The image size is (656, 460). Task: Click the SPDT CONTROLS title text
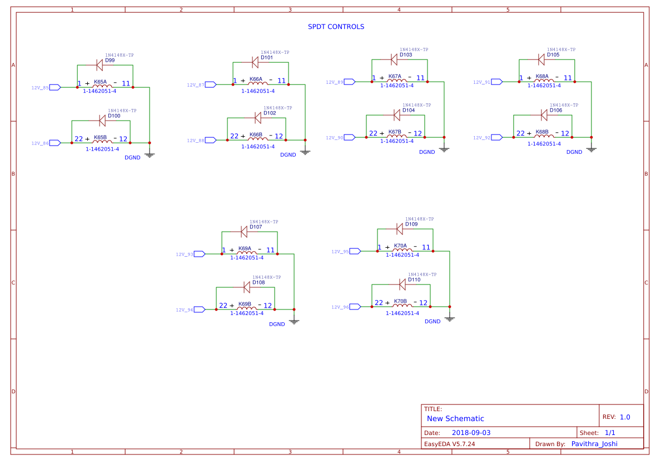click(336, 27)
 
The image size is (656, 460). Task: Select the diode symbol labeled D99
click(100, 65)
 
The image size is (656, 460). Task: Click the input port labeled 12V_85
click(56, 87)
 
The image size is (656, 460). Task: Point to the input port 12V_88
click(211, 140)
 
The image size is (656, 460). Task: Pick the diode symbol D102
click(258, 118)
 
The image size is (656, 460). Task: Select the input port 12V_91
click(496, 82)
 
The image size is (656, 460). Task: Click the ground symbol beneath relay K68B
click(592, 148)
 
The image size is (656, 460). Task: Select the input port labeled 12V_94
click(200, 309)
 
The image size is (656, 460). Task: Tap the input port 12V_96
click(355, 307)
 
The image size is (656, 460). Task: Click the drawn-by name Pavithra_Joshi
click(594, 444)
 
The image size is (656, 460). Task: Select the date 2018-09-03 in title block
click(471, 432)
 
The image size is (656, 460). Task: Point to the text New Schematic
click(455, 418)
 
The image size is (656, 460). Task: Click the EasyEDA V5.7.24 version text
click(449, 444)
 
